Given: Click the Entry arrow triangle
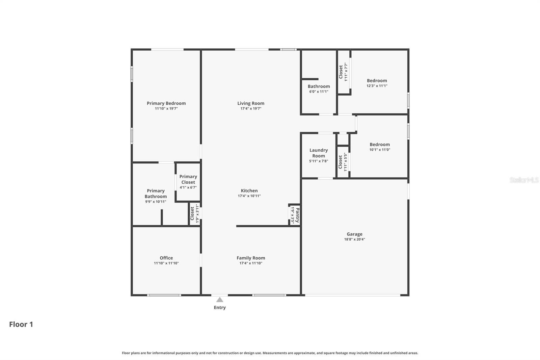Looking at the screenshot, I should click(220, 300).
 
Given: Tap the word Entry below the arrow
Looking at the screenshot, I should click(220, 307).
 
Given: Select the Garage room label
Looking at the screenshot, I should click(354, 234).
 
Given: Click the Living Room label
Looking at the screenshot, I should click(251, 103).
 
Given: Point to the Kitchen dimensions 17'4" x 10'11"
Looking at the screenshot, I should click(249, 196).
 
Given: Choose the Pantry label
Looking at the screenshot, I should click(297, 215).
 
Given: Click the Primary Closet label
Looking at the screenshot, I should click(188, 179).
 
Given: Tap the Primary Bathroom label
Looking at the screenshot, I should click(156, 194).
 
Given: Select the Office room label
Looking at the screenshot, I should click(166, 258).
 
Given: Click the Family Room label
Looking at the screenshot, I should click(251, 258).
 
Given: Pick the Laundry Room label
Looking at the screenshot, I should click(319, 153).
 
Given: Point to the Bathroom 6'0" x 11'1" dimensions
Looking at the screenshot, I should click(319, 92).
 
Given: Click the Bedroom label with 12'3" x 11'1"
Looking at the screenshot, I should click(377, 81).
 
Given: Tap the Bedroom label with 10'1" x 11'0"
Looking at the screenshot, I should click(380, 145).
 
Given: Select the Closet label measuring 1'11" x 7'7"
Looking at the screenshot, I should click(341, 72).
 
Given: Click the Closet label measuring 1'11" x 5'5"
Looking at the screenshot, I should click(341, 162).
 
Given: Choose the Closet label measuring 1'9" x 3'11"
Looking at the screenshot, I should click(192, 213).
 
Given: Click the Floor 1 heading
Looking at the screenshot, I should click(21, 324).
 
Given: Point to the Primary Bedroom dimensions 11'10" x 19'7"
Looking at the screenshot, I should click(166, 109).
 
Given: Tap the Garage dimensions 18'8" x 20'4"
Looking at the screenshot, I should click(354, 239).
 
